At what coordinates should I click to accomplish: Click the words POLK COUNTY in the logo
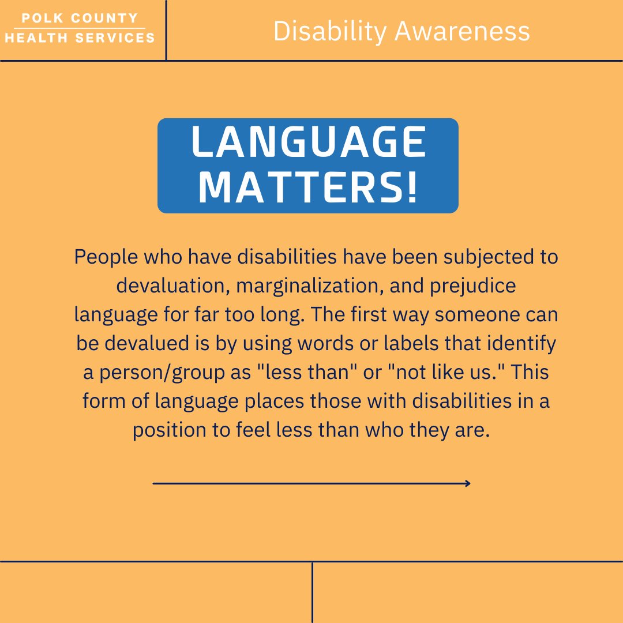(80, 18)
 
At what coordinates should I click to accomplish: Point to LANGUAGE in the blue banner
(309, 142)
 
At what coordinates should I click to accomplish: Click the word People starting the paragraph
(106, 257)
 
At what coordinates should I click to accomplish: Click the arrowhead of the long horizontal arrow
(468, 483)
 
